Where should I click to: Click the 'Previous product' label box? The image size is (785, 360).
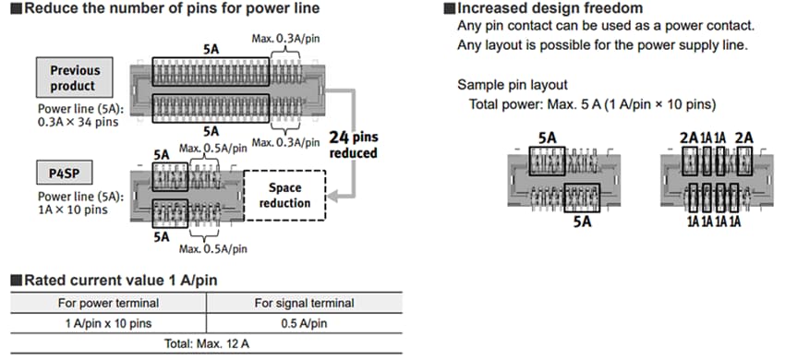(75, 78)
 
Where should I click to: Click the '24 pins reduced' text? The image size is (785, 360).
(354, 144)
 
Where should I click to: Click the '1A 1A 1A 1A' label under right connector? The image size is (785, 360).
(713, 222)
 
